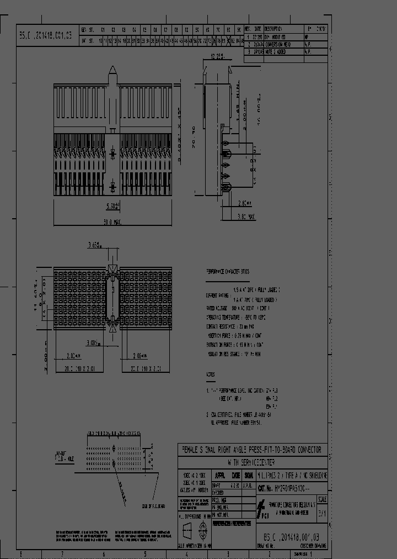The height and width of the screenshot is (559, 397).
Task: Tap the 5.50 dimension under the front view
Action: (x=112, y=207)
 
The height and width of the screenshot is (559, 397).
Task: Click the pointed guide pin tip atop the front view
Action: (x=112, y=70)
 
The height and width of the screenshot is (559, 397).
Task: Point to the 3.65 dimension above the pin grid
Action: (x=96, y=245)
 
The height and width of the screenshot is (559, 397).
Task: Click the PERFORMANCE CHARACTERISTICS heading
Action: (x=227, y=272)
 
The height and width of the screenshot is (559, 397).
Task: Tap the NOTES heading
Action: (x=211, y=374)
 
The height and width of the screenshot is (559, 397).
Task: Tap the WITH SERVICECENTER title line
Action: (x=251, y=462)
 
